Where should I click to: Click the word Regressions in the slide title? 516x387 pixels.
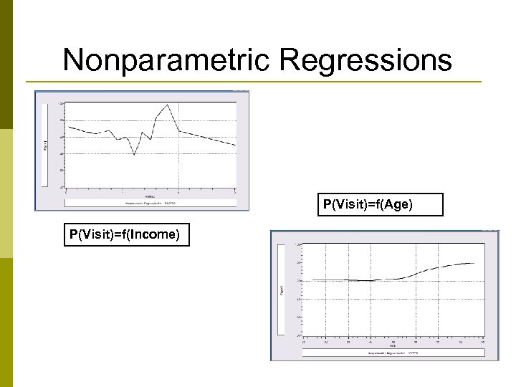[x=365, y=61]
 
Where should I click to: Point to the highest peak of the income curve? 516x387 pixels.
[x=167, y=105]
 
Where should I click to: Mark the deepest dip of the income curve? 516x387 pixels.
[x=134, y=154]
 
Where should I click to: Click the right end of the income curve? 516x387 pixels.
[x=236, y=145]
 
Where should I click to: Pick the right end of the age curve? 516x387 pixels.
[x=474, y=263]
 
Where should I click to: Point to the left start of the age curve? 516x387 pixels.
[x=304, y=280]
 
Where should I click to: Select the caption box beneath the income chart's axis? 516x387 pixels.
[x=150, y=203]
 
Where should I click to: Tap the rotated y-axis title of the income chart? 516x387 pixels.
[x=45, y=145]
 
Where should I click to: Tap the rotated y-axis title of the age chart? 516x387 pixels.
[x=280, y=290]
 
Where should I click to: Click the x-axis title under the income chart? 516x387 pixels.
[x=150, y=196]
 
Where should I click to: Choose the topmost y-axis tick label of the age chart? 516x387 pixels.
[x=299, y=244]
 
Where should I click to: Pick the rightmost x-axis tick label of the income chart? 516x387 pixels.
[x=236, y=191]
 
